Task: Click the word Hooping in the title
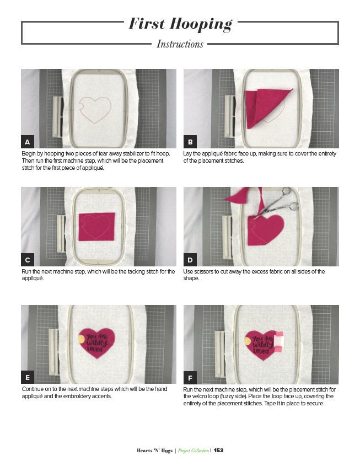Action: (x=201, y=24)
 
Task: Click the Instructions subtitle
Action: (x=180, y=44)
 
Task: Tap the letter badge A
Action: (x=28, y=142)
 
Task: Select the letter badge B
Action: (x=190, y=142)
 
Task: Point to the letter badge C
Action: (x=28, y=260)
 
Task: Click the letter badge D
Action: (x=190, y=260)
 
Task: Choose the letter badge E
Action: (x=28, y=377)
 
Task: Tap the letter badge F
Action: (x=190, y=378)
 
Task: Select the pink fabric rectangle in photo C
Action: (x=96, y=227)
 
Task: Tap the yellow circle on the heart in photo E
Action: (x=82, y=339)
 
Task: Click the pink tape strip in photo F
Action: (x=279, y=342)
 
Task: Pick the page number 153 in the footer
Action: (x=218, y=450)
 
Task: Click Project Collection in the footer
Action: (x=194, y=451)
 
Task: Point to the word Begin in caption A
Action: (x=28, y=154)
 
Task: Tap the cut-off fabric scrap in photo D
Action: (x=238, y=195)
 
